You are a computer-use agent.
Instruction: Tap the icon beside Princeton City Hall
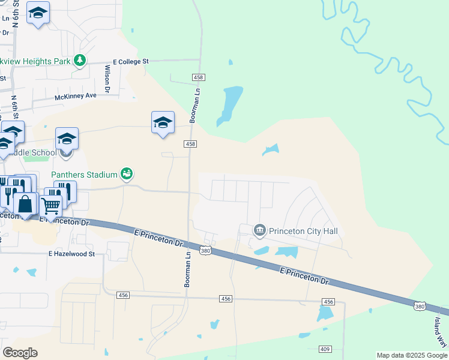tap(260, 230)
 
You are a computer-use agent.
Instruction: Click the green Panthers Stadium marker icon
tap(126, 174)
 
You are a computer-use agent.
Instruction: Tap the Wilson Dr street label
tap(108, 79)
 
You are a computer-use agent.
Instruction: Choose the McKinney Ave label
tap(75, 96)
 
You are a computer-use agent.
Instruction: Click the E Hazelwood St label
tap(72, 254)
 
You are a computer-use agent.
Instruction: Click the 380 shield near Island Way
tap(421, 306)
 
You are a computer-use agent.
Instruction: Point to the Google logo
tap(20, 353)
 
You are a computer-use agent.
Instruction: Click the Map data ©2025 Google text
tap(412, 355)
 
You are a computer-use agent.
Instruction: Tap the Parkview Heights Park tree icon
tap(79, 60)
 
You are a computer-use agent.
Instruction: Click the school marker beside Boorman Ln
tap(163, 122)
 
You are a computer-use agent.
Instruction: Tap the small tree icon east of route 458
tap(230, 62)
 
